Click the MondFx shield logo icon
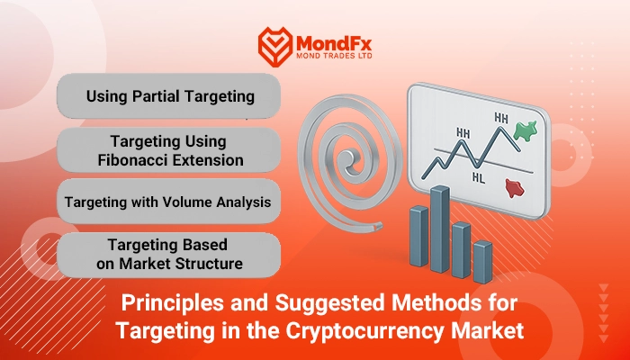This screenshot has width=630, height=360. click(x=275, y=47)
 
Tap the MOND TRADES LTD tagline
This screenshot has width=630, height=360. click(x=334, y=56)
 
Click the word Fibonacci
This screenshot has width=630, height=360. click(x=135, y=160)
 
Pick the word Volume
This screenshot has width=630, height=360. click(x=188, y=202)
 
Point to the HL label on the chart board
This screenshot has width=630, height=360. click(x=478, y=177)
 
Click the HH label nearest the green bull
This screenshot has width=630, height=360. click(x=501, y=118)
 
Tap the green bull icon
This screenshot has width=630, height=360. click(x=526, y=131)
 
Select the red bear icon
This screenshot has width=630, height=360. click(x=515, y=188)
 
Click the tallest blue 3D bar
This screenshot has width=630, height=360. click(x=440, y=229)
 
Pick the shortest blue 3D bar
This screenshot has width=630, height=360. click(x=482, y=262)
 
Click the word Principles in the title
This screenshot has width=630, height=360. click(x=173, y=303)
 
